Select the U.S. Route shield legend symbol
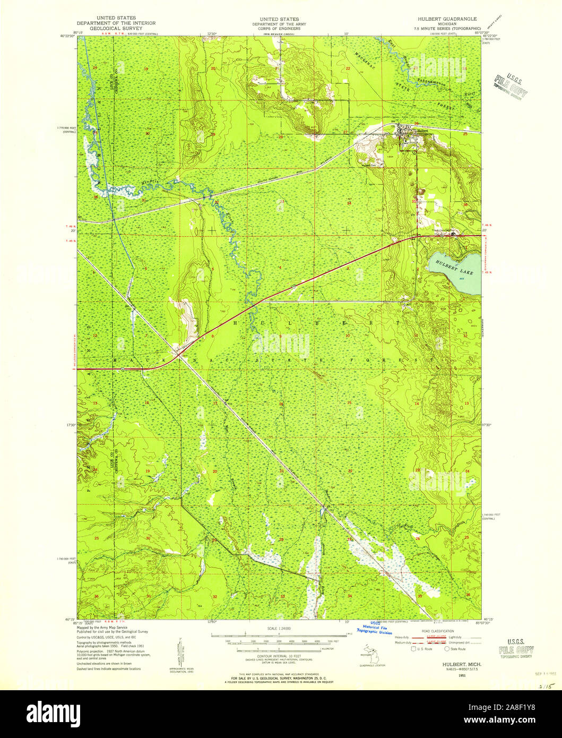click(x=414, y=648)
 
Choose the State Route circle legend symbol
click(x=447, y=648)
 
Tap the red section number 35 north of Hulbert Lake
click(x=413, y=202)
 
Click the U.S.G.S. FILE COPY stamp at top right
click(x=510, y=87)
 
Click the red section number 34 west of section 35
click(x=349, y=203)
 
